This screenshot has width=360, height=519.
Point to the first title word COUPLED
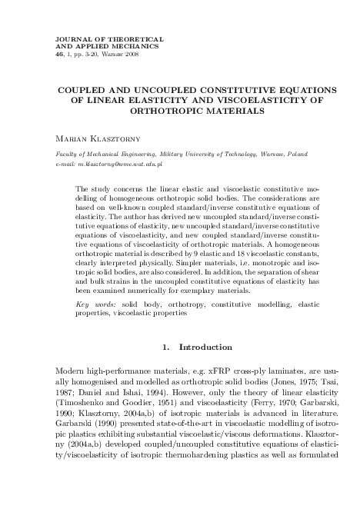(x=83, y=89)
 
